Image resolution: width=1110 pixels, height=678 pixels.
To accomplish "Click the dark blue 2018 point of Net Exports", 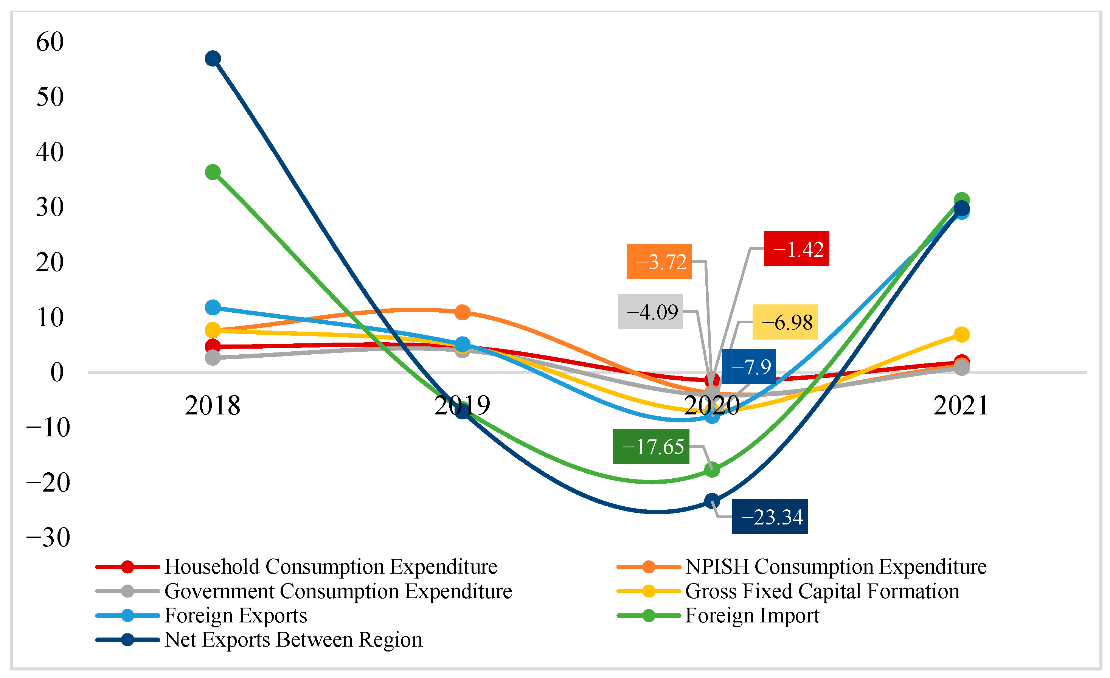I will pos(213,59).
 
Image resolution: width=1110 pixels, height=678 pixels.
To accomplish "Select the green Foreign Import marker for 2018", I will pos(213,172).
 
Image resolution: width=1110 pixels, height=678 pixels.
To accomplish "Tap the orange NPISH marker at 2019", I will pos(462,312).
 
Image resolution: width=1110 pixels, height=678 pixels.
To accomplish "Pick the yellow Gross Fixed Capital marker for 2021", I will pos(961,334).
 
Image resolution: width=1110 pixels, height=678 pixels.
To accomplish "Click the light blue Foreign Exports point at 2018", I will pos(213,308).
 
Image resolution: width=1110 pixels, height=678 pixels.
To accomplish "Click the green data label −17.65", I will pos(651,447).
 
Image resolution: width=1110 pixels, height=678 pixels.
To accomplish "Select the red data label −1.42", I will pos(796,249).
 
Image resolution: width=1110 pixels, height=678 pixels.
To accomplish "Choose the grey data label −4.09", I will pos(650,312).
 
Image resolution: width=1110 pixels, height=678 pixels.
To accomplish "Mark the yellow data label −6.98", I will pos(785,322).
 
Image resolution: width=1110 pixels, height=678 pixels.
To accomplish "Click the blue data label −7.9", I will pos(749,367).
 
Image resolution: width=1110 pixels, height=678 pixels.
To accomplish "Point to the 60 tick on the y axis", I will pos(50,42).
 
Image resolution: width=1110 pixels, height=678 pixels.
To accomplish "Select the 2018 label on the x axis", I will pos(213,405).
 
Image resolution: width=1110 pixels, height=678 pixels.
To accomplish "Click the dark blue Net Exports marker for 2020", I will pos(712,501).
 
